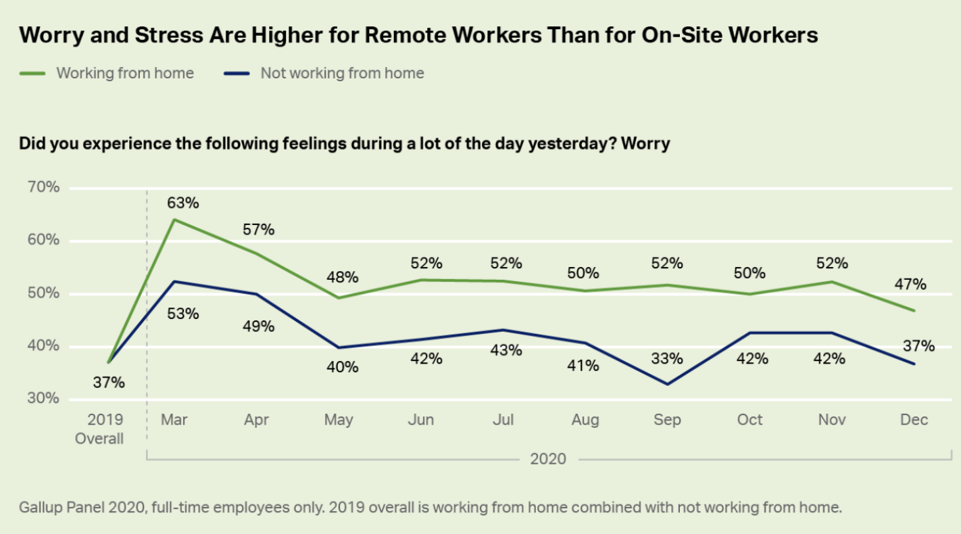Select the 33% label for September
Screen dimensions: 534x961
667,359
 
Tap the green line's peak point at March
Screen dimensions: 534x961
174,219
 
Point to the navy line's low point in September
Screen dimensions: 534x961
668,384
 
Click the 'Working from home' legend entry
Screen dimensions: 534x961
125,73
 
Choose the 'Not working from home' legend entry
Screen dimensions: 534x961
342,73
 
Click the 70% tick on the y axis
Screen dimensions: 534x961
44,187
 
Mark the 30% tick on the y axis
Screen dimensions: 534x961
44,399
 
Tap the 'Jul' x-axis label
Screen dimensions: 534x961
503,420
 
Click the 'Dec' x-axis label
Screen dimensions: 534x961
914,420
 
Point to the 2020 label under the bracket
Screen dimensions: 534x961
548,460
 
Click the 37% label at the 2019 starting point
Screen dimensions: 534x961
109,383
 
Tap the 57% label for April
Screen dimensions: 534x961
258,230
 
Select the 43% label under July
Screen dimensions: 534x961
506,350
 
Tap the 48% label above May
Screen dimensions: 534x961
341,277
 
